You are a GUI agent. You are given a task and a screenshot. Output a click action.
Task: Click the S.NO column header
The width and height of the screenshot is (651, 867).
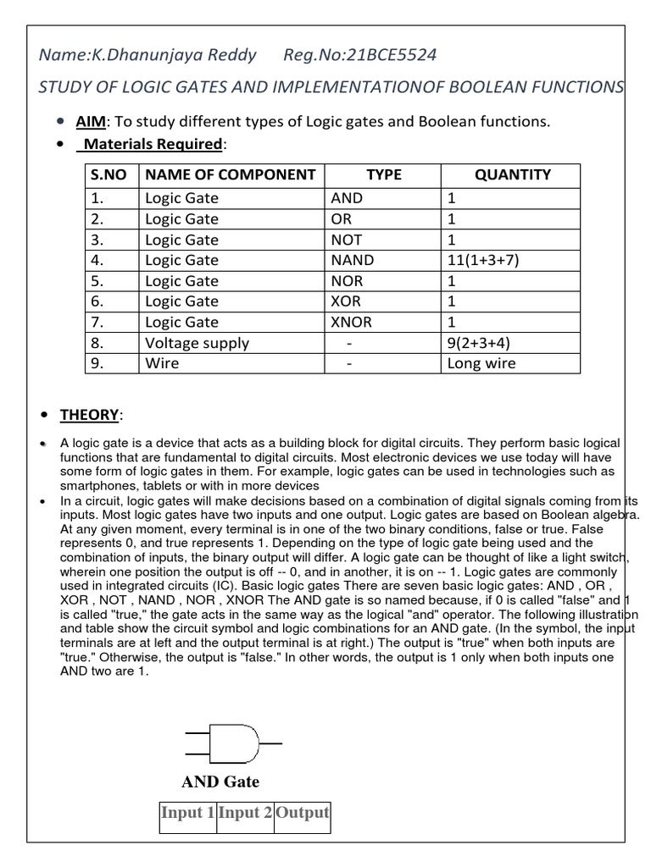108,175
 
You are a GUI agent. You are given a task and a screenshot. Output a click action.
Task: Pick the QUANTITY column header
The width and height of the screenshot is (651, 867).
512,175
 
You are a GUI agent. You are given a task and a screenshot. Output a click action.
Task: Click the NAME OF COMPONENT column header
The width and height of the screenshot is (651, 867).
231,175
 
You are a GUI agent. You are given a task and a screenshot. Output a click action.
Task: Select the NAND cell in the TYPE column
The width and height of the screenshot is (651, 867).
353,261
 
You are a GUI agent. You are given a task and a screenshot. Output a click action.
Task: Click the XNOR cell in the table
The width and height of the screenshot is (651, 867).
352,323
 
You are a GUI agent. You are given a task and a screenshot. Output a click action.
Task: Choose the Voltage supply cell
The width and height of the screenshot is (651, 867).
197,343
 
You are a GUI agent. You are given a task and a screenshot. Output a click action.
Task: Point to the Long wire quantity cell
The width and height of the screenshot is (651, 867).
481,364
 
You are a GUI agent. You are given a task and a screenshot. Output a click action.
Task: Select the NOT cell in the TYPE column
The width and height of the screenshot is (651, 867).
347,240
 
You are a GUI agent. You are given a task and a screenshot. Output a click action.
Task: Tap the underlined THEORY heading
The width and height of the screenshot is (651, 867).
89,415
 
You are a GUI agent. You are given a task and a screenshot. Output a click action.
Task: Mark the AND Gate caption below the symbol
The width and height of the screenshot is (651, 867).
220,781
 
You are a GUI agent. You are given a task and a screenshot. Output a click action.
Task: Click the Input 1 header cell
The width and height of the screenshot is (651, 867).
187,814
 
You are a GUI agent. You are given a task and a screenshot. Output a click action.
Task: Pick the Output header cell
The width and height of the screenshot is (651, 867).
302,814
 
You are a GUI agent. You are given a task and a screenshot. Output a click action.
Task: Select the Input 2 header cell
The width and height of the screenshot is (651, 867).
245,814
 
